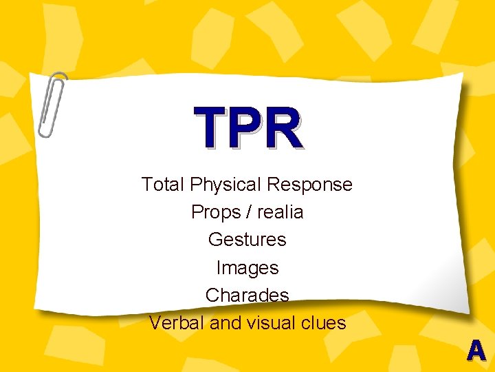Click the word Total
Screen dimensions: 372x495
point(164,185)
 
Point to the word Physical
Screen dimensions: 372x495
point(226,185)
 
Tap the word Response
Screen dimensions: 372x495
point(309,185)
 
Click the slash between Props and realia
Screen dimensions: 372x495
point(245,212)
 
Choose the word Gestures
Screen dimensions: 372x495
point(247,240)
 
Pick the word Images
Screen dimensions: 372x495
point(247,268)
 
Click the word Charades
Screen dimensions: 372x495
point(247,295)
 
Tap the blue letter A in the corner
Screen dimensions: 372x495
point(476,351)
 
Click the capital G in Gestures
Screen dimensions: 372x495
point(214,240)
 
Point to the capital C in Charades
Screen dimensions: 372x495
point(212,295)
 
